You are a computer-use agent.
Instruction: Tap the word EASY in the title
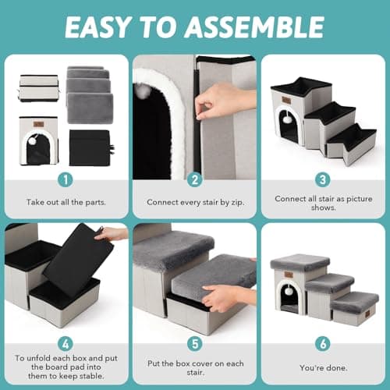(x=97, y=27)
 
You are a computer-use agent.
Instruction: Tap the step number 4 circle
(x=66, y=344)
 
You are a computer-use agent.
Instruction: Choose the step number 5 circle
(x=195, y=344)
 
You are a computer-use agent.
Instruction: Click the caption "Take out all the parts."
(x=66, y=201)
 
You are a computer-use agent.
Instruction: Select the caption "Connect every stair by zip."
(x=195, y=201)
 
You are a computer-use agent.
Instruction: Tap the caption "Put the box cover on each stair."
(x=195, y=368)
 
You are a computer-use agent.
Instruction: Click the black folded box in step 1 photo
(x=90, y=147)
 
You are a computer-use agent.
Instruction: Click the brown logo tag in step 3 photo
(x=286, y=100)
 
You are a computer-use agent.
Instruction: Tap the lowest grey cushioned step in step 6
(x=355, y=300)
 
